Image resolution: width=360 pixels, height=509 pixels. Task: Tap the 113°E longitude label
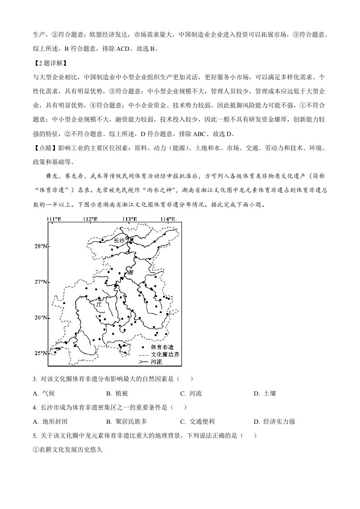point(130,220)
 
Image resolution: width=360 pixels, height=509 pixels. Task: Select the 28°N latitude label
point(41,246)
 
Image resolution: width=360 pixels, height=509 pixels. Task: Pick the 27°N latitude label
point(41,282)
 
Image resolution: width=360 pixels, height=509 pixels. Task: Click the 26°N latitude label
point(41,318)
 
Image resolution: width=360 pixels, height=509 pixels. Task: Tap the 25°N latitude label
point(41,353)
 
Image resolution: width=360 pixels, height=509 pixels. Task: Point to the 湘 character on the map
point(131,273)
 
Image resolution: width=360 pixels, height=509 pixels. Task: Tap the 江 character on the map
point(99,305)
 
